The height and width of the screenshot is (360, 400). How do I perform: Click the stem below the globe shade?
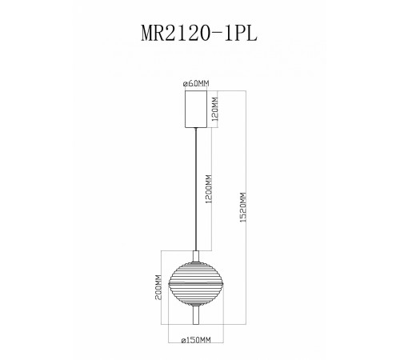pyautogui.click(x=195, y=317)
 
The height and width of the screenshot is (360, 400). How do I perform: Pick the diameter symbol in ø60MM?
pyautogui.click(x=185, y=83)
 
